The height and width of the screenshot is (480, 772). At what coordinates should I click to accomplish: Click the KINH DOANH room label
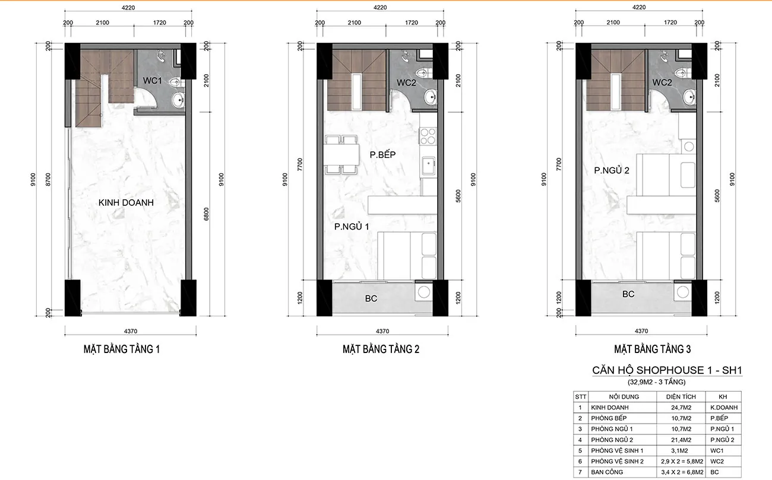(126, 202)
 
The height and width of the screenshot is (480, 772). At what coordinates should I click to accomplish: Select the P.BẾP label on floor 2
(382, 155)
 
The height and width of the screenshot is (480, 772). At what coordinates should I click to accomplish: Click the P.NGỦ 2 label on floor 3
(612, 170)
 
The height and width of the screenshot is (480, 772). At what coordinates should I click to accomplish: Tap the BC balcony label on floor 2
(371, 298)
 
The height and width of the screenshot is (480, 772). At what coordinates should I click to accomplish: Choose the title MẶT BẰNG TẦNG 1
(121, 349)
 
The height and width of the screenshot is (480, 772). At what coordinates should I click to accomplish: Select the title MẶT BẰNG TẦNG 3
(652, 349)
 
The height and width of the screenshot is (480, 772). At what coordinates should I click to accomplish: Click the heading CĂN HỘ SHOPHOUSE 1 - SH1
(667, 370)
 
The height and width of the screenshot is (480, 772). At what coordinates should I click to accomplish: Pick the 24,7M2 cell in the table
(679, 408)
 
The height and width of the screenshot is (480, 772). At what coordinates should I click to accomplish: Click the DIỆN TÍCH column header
(679, 397)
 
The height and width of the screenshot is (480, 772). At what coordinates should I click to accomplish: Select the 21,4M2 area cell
(679, 440)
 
